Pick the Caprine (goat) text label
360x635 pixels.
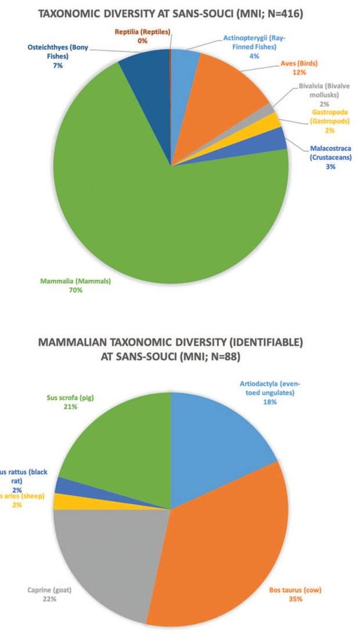(49, 591)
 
